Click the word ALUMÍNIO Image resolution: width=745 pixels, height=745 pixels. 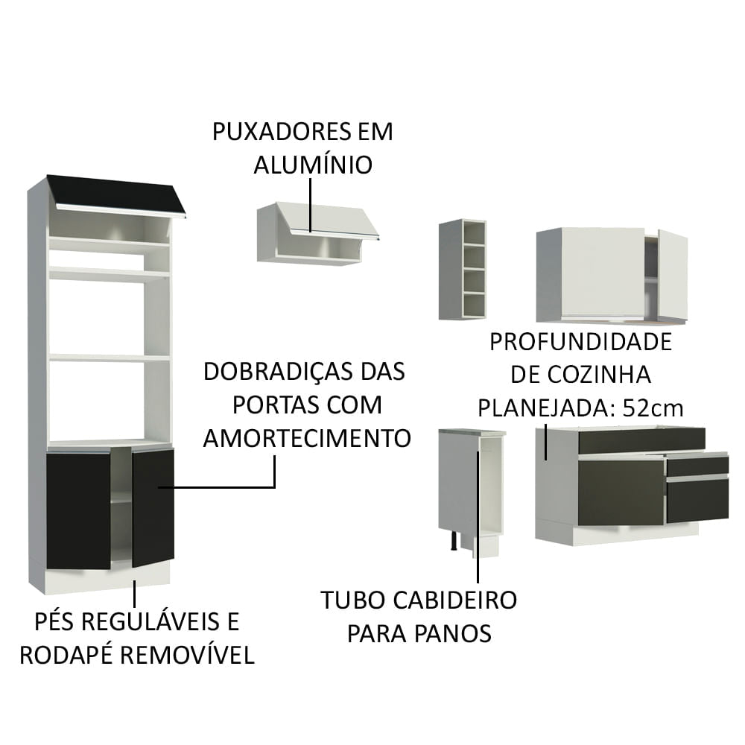[x=312, y=165]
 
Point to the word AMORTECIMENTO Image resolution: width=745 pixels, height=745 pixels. [x=307, y=437]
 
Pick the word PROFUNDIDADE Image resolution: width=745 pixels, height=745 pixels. [x=580, y=342]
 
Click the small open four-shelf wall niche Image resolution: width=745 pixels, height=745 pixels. [x=463, y=269]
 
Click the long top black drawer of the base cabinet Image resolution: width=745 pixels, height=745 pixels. [x=641, y=440]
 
